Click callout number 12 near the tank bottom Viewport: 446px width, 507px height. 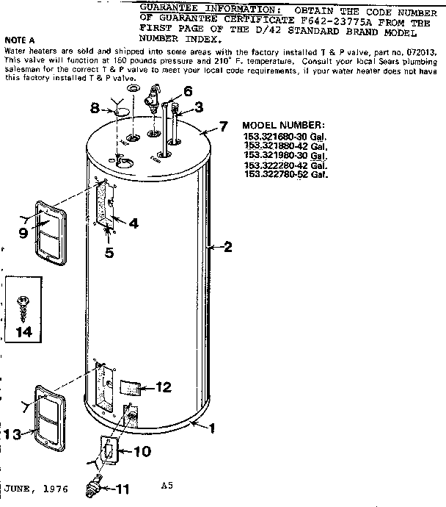click(163, 386)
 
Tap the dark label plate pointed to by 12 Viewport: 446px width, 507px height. click(130, 387)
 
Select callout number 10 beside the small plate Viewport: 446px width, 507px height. click(140, 451)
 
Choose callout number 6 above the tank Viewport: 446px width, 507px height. click(188, 91)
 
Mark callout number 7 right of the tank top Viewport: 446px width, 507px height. click(224, 127)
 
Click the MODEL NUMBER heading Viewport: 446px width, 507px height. click(282, 126)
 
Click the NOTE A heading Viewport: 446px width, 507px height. click(19, 40)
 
